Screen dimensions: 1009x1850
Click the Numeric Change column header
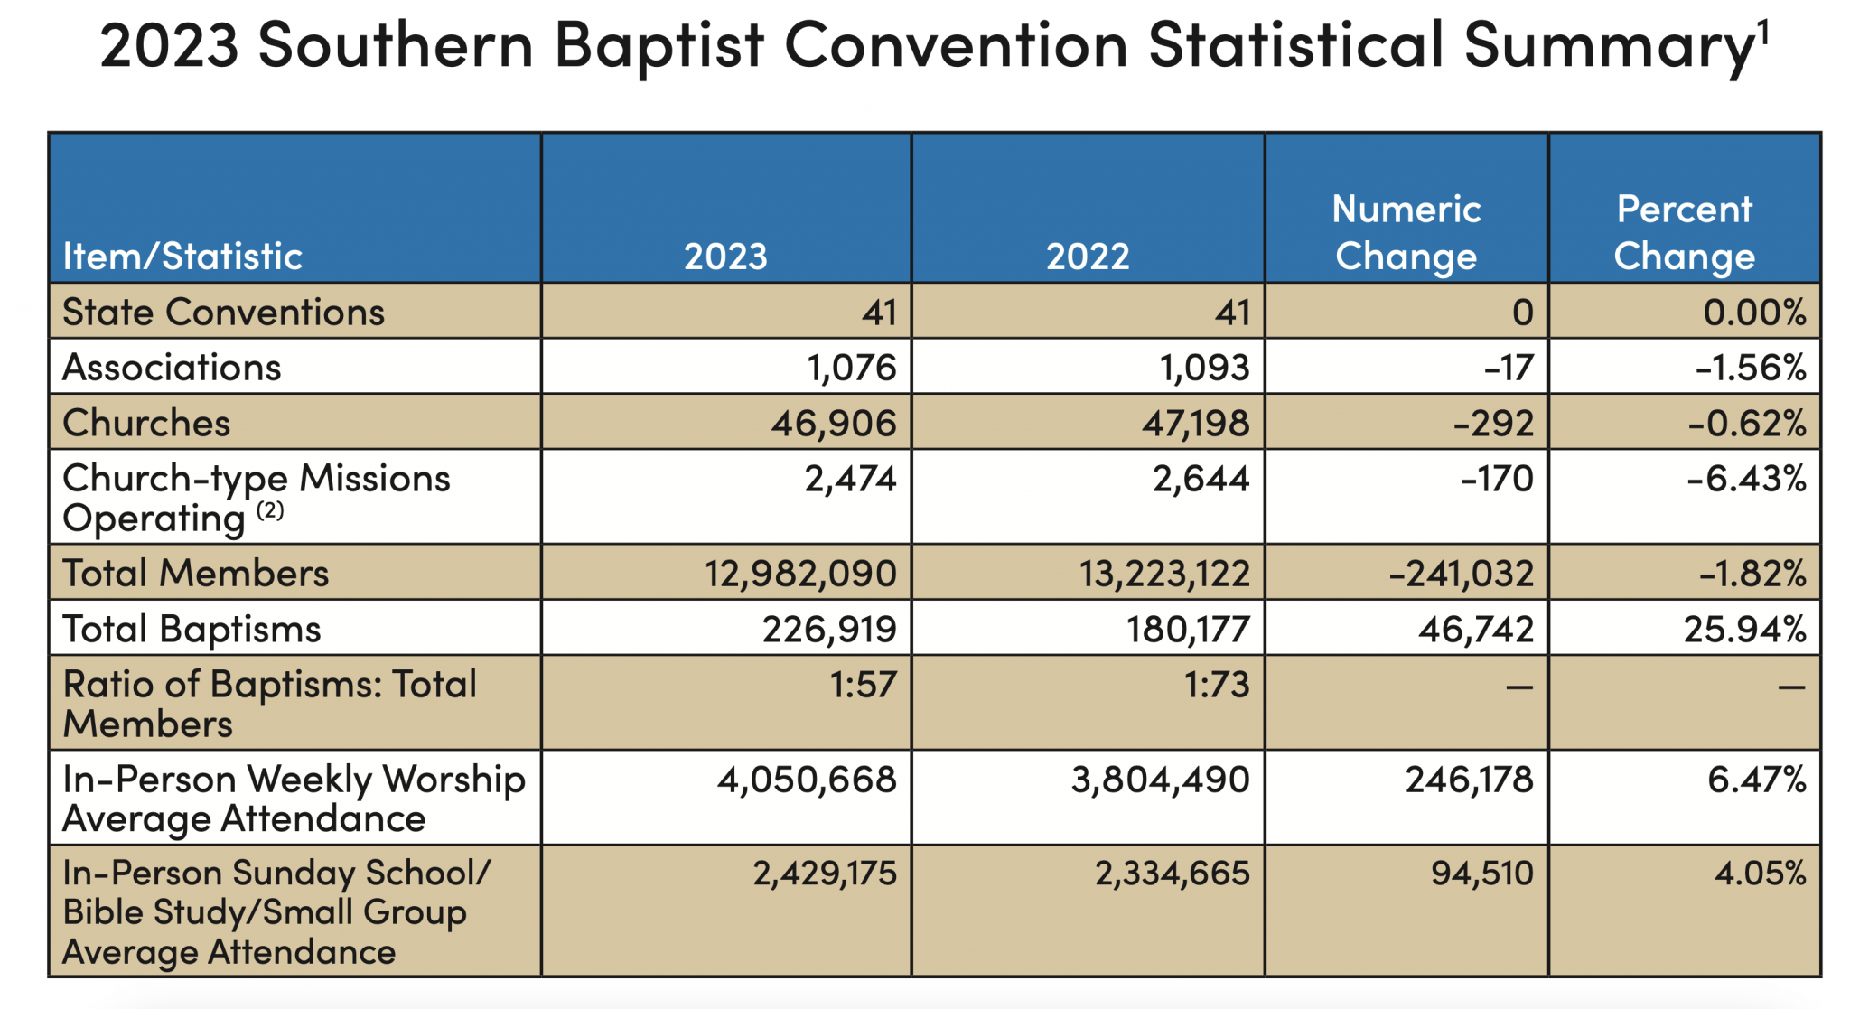(1406, 232)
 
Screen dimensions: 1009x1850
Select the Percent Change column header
(1684, 232)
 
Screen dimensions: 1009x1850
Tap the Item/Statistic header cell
(182, 257)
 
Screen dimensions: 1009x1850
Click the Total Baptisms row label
(192, 629)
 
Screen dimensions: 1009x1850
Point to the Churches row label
(146, 423)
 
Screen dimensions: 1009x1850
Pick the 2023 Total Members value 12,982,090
(800, 574)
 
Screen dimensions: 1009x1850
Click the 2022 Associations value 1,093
(1204, 368)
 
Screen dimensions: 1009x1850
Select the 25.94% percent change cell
(1744, 629)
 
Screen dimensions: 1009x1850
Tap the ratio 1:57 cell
(863, 685)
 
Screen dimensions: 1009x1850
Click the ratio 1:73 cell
(1216, 685)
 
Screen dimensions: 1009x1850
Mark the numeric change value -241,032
(1461, 574)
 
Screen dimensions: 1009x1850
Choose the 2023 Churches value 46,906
(833, 423)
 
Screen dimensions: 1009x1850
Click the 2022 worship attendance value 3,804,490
(1160, 779)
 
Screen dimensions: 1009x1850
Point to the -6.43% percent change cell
(1746, 479)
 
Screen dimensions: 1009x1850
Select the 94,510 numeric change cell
(1481, 873)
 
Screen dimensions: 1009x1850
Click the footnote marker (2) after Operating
(270, 511)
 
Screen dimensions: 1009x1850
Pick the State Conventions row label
(223, 312)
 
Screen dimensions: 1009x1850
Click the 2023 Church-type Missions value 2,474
(850, 479)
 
